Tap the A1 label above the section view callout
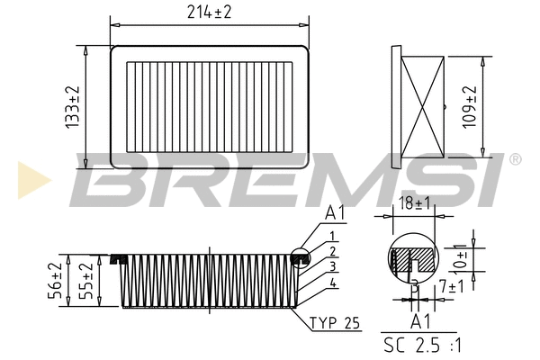pos(335,213)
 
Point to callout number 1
pos(332,235)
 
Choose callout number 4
pos(332,283)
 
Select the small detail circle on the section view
pos(302,258)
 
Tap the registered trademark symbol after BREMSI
pos(515,159)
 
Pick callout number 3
pos(332,267)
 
